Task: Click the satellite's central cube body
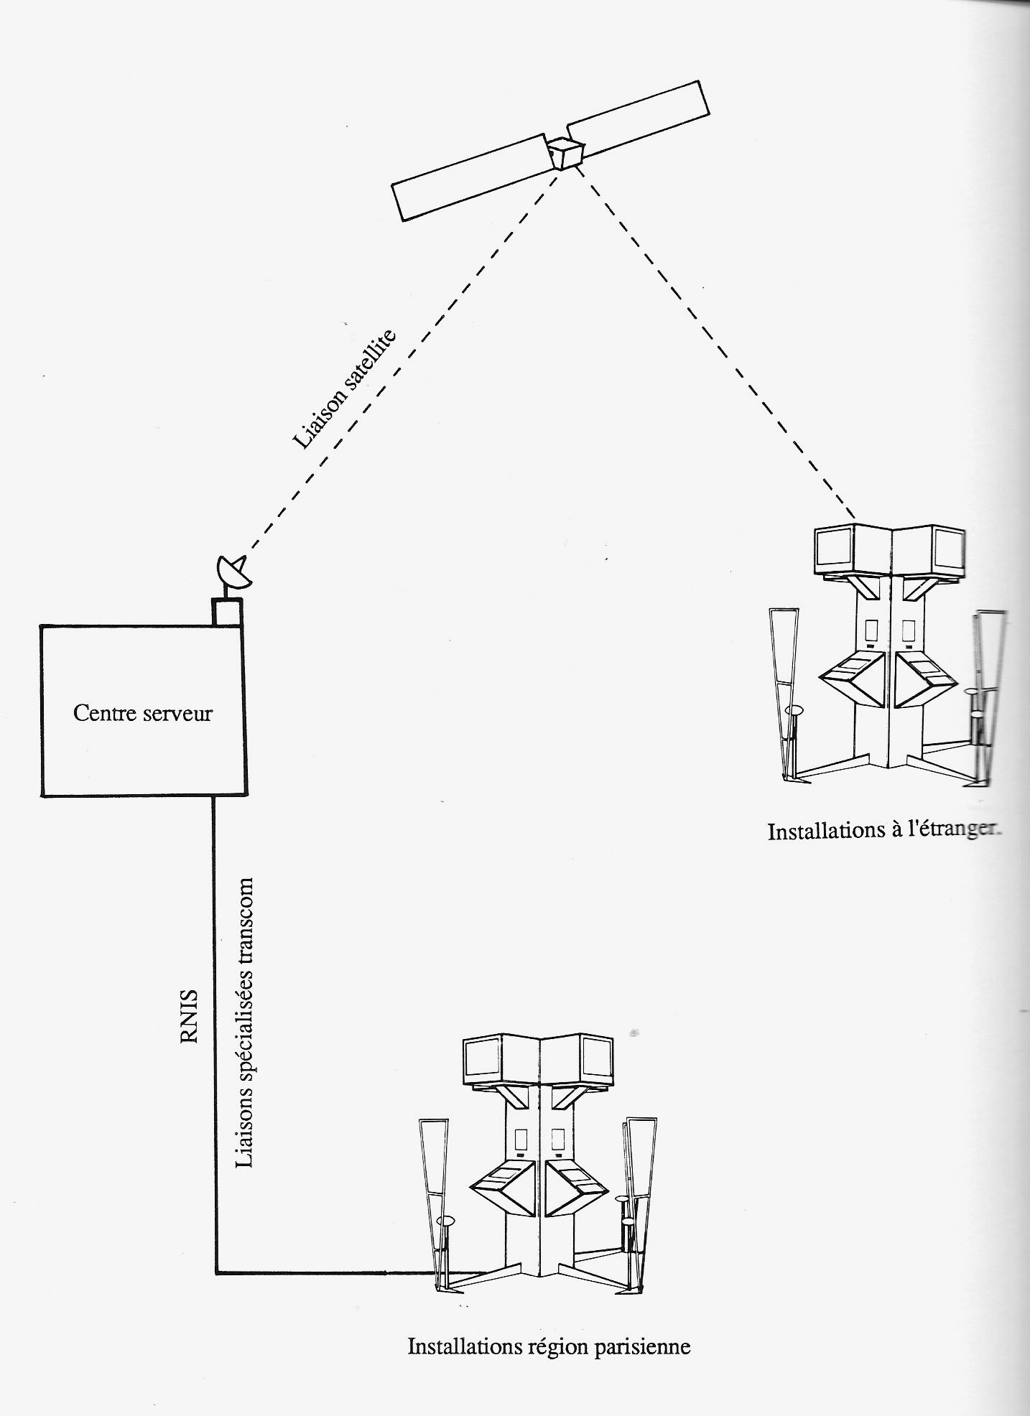(566, 152)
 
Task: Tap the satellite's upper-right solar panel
(638, 119)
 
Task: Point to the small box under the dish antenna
(228, 612)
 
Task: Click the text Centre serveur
(143, 713)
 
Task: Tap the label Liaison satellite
(344, 389)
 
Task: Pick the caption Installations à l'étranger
(884, 831)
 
